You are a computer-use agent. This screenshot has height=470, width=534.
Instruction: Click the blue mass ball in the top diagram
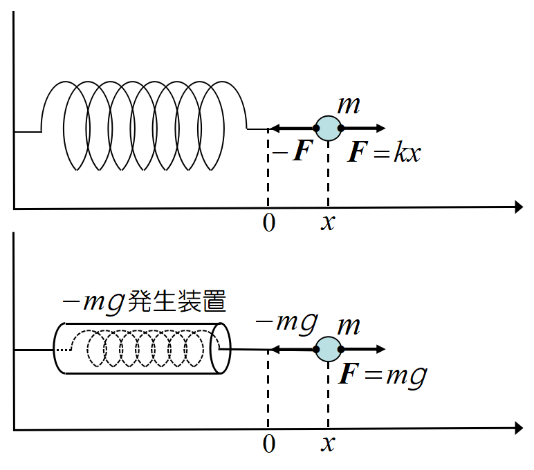(328, 129)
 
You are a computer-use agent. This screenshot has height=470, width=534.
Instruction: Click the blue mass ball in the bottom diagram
(328, 350)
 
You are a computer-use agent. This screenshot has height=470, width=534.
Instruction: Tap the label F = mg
(383, 376)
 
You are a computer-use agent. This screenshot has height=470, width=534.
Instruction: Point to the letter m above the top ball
(348, 106)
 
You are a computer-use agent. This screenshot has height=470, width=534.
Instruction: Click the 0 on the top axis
(269, 224)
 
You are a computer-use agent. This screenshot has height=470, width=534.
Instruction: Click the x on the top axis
(328, 224)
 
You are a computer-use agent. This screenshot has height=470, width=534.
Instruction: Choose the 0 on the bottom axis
(269, 445)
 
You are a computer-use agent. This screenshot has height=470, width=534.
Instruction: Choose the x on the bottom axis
(328, 445)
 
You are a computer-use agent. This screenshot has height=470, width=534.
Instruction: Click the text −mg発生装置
(145, 303)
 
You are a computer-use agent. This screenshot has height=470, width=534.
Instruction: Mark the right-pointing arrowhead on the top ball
(380, 129)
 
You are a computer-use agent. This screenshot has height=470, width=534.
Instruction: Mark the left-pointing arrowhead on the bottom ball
(274, 350)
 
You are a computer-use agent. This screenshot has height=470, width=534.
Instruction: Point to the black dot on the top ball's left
(316, 129)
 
